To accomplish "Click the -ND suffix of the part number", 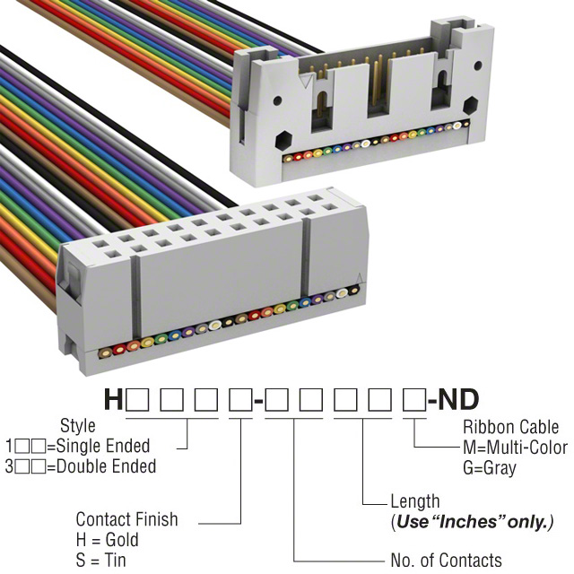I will tap(454, 400).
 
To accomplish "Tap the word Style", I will tap(77, 425).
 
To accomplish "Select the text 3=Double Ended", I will tap(81, 466).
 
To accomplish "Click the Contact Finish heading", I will tap(126, 519).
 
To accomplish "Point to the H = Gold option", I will tap(108, 540).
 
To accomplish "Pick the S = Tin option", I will tap(101, 561).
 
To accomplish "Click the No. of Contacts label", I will tap(446, 561).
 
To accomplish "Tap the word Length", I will tap(415, 501).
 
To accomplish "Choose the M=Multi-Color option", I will tap(515, 448).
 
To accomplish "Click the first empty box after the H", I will tap(138, 400).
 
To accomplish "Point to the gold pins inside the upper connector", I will tap(377, 81).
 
